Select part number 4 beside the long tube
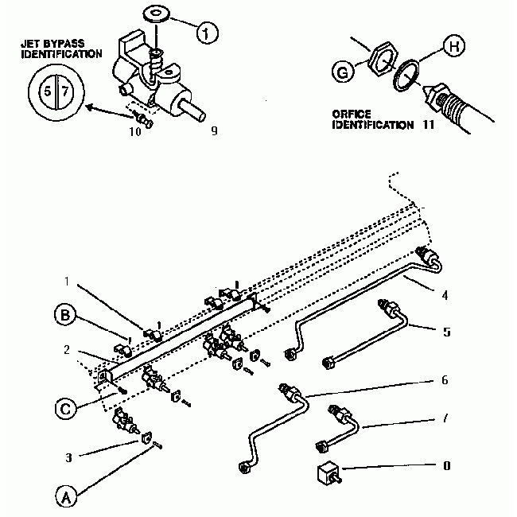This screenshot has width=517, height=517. click(x=445, y=295)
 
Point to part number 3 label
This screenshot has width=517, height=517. click(x=69, y=457)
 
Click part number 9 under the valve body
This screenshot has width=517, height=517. click(x=213, y=130)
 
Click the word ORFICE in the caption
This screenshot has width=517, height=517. click(x=351, y=115)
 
